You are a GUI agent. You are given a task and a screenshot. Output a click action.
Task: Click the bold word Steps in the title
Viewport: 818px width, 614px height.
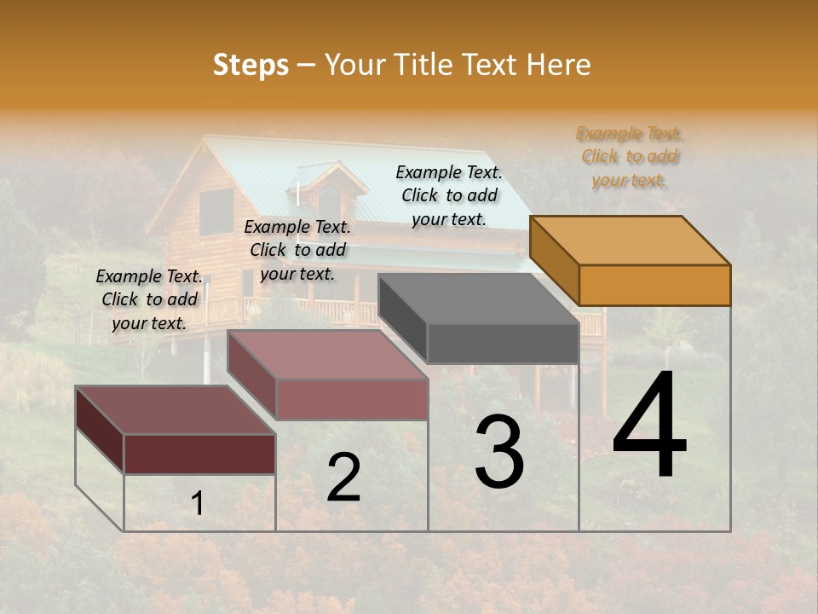(x=251, y=65)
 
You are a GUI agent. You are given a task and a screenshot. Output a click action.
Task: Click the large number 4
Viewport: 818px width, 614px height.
(x=649, y=426)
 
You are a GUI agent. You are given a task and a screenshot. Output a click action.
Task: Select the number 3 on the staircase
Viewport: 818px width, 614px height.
(x=499, y=452)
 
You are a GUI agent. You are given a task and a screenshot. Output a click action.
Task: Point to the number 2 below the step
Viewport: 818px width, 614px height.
(x=343, y=478)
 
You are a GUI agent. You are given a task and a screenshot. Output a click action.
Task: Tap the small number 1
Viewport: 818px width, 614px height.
(x=198, y=503)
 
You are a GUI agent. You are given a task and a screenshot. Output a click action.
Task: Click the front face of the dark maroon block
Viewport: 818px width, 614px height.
(x=199, y=454)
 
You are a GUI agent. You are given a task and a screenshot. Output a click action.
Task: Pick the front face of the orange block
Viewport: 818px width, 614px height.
(x=654, y=285)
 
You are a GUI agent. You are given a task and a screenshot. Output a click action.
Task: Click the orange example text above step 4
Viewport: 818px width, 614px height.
(x=630, y=157)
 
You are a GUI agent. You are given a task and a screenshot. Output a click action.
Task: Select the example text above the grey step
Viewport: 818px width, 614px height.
(x=449, y=195)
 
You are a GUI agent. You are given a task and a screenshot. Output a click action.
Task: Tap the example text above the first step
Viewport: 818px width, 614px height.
(x=149, y=299)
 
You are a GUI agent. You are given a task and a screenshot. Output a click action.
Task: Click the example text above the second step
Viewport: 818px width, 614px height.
(x=297, y=250)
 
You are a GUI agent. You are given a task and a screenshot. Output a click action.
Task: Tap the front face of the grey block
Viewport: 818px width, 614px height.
(x=503, y=344)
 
